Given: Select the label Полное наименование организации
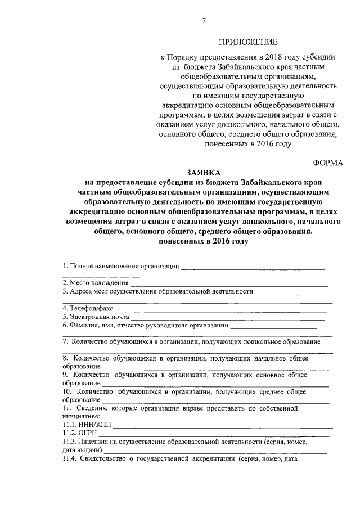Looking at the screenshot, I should [x=121, y=266].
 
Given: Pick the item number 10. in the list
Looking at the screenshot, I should [x=67, y=391].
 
